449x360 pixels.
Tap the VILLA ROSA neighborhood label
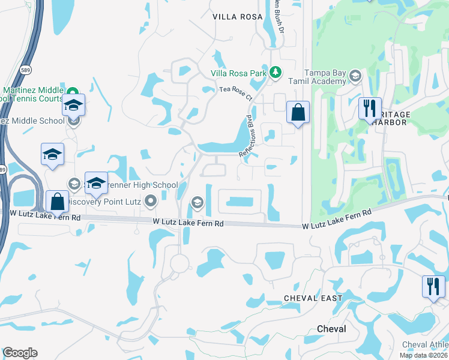[x=238, y=17]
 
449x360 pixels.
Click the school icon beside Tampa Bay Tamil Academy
[x=355, y=76]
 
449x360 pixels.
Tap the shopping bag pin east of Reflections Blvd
[x=298, y=112]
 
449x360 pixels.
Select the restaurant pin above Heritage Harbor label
[x=369, y=109]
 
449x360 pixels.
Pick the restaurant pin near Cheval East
[x=433, y=286]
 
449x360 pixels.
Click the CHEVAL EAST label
[x=313, y=298]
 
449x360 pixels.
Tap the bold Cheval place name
[x=331, y=329]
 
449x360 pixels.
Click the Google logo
[x=20, y=353]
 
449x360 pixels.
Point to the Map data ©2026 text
[x=423, y=355]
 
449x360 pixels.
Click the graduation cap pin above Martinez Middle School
[x=74, y=105]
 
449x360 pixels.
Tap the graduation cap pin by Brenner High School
[x=96, y=183]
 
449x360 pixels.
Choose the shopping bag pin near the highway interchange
[x=57, y=202]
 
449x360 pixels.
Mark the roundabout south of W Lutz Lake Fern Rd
[x=179, y=262]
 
